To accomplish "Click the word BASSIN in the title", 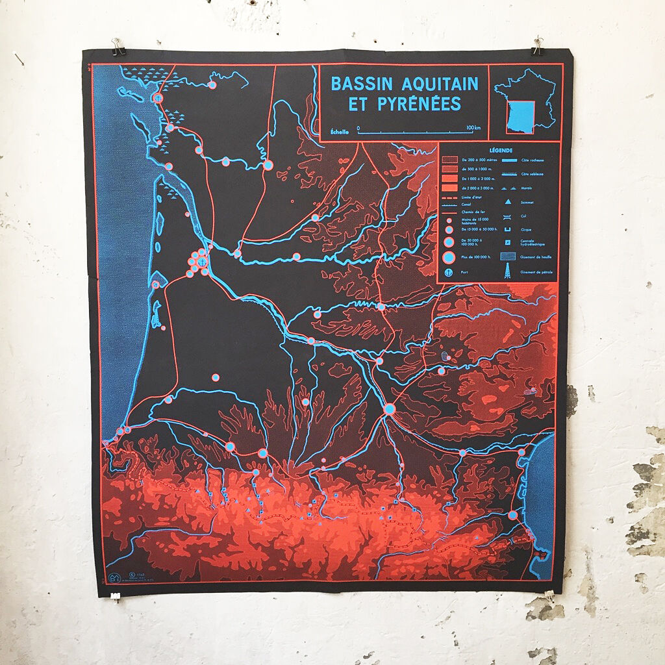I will (x=358, y=84).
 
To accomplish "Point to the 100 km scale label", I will (x=473, y=127).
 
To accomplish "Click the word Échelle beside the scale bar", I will (x=340, y=132).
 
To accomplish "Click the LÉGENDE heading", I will (x=497, y=151).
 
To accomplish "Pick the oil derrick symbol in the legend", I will (x=504, y=273).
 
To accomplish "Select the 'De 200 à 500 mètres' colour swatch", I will (x=449, y=160).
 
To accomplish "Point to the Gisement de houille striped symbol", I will (x=504, y=257).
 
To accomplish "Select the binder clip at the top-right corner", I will (x=538, y=45).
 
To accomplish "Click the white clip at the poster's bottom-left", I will (x=116, y=595).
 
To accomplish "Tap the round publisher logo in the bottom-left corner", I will (x=113, y=577).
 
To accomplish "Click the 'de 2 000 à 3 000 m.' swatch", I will (x=449, y=188).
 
